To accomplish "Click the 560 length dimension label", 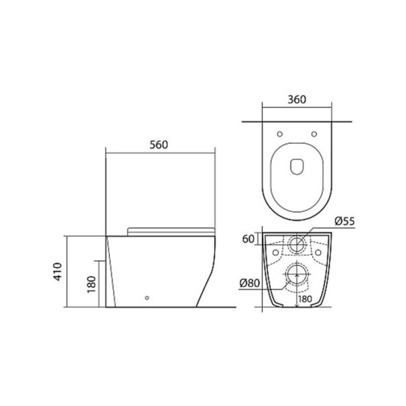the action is coord(159,145).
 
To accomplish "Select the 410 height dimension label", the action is coord(58,272).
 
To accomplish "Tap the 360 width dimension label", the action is coord(297,100).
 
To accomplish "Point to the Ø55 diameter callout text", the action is coord(345,221).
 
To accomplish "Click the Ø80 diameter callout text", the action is coord(250,283).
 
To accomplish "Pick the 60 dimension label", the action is coord(248,239).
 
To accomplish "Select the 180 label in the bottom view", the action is coord(305,299).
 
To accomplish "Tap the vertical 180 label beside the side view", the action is coord(92,284).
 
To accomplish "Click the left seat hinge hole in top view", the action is coord(280,134).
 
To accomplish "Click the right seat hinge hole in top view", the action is coord(314,134).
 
